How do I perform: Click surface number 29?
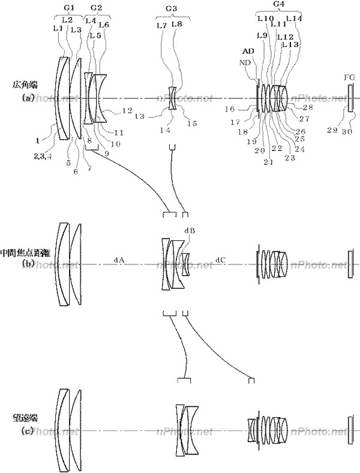point(331,130)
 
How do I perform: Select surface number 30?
point(347,130)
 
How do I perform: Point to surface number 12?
point(127,110)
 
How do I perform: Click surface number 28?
point(308,108)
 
